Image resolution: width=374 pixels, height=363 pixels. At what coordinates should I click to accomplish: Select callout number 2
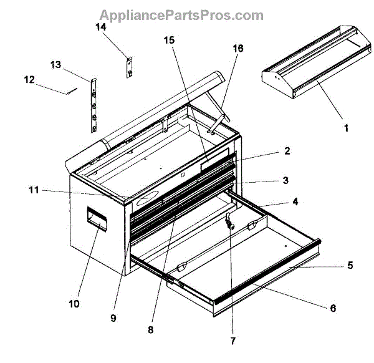coord(287,151)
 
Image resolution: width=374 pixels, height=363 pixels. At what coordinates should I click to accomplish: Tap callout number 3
coord(285,181)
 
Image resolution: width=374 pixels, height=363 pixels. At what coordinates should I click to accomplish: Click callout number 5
coord(350,265)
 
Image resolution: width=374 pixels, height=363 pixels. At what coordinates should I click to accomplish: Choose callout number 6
coord(333,307)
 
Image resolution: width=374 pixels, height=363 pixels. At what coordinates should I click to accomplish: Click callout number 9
coord(113,317)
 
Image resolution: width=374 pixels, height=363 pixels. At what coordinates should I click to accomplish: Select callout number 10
coord(74,304)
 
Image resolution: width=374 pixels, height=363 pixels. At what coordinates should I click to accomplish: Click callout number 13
coord(56,64)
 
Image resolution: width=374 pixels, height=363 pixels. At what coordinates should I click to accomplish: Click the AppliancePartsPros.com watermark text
coord(173,15)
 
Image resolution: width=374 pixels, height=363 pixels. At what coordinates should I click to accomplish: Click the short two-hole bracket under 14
coord(130,67)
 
